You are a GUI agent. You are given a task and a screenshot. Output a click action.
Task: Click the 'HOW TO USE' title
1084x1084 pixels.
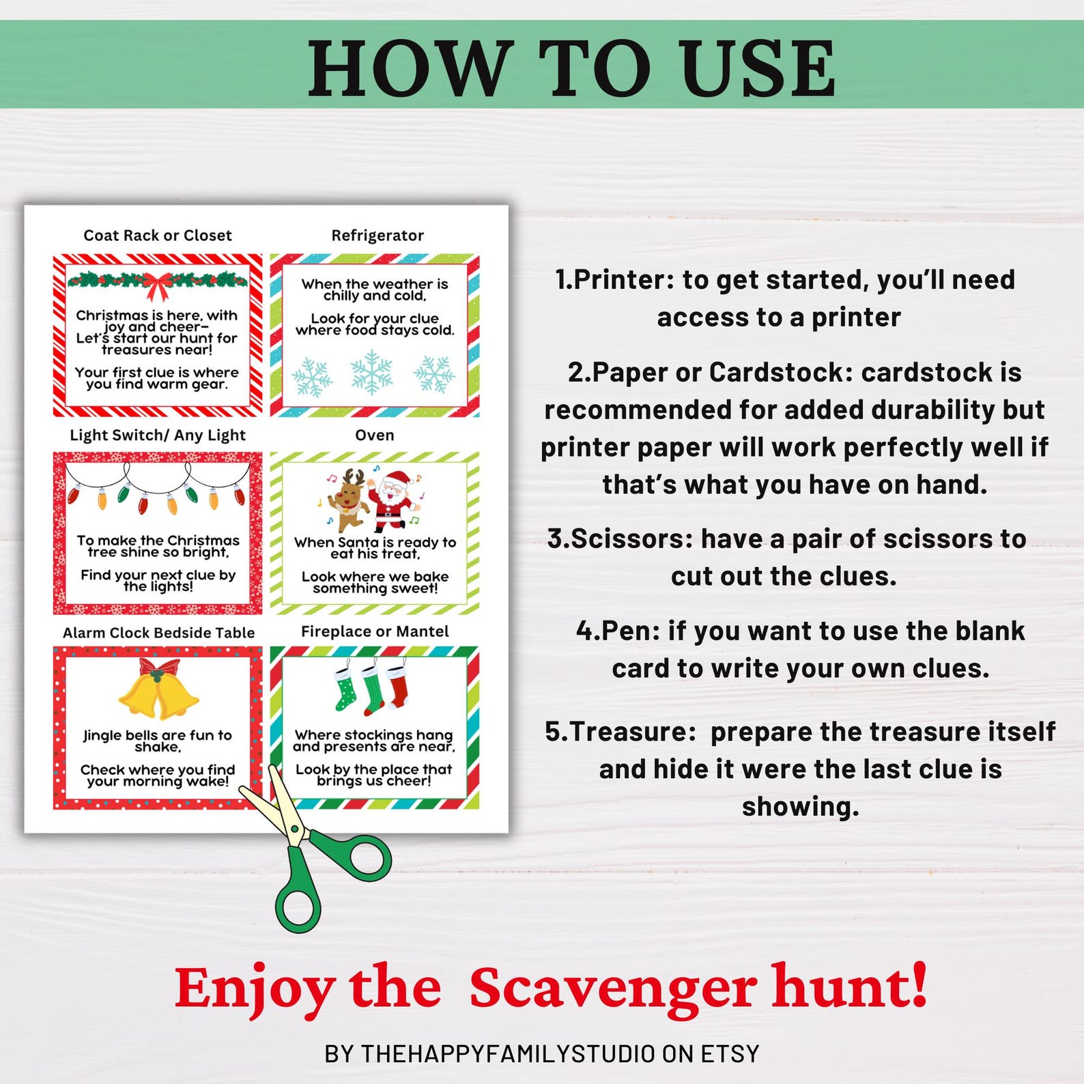coord(572,68)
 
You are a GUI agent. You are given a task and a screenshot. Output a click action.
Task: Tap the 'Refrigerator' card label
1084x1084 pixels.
coord(377,236)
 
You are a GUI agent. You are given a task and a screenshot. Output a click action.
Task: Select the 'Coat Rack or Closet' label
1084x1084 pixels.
coord(158,236)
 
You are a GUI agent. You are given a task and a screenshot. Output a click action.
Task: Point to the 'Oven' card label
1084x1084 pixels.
coord(375,436)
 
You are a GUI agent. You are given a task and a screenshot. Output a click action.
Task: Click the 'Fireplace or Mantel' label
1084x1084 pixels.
coord(375,632)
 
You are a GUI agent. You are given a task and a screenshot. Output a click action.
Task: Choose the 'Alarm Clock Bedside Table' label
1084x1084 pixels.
coord(158,633)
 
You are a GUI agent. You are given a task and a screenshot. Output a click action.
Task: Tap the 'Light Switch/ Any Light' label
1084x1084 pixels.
coord(158,436)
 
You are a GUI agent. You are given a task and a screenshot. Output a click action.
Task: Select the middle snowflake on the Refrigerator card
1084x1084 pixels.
coord(371,373)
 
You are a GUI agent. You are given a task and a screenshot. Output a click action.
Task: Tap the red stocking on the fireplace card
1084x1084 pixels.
coord(397,685)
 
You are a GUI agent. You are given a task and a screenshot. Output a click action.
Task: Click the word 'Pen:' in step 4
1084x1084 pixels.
coord(629,631)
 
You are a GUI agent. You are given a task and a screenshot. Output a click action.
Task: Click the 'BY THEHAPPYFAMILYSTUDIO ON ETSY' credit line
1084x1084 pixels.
coord(542,1054)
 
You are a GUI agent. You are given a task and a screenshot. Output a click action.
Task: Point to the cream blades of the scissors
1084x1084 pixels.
coord(274,805)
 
